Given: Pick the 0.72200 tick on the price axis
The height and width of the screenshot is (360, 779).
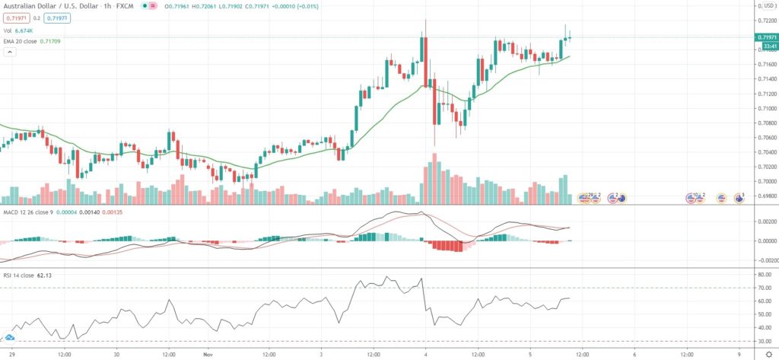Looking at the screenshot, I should pyautogui.click(x=765, y=21).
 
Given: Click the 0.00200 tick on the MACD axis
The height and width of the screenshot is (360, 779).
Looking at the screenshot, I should pyautogui.click(x=765, y=221).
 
